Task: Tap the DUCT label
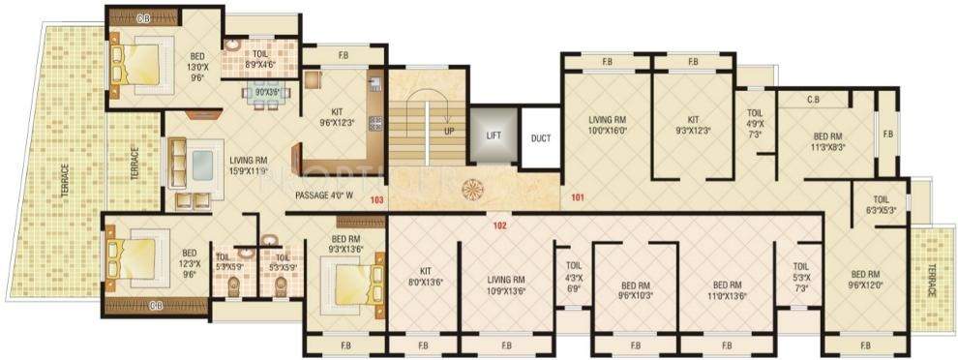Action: tap(541, 138)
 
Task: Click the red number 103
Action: tap(377, 199)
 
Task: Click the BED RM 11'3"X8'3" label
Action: tap(829, 142)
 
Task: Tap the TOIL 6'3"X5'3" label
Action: tap(883, 203)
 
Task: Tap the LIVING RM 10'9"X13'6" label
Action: tap(506, 284)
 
